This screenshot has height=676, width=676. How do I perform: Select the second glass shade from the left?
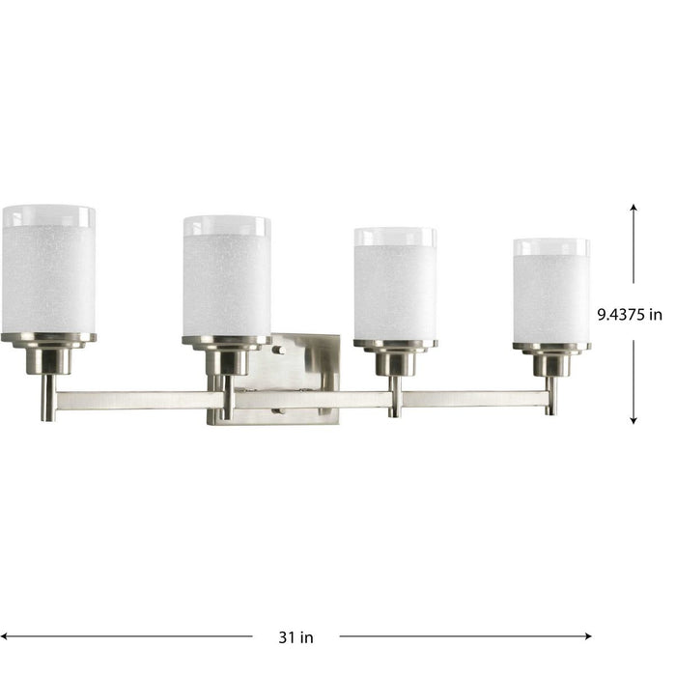(x=226, y=280)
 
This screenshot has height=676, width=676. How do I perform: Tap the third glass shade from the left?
(x=394, y=287)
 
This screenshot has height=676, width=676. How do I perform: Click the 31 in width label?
(x=296, y=636)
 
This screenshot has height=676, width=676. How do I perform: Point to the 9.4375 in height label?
(x=629, y=314)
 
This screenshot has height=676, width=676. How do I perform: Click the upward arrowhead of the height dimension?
(x=634, y=208)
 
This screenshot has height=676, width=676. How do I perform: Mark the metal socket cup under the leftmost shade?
(x=48, y=359)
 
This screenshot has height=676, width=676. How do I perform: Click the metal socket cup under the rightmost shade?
(x=551, y=363)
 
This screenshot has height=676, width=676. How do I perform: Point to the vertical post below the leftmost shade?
(x=47, y=398)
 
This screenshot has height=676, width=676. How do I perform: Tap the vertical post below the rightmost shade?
(x=550, y=396)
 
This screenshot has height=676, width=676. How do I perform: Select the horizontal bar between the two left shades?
(x=135, y=399)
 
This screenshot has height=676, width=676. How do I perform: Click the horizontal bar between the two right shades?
(x=473, y=397)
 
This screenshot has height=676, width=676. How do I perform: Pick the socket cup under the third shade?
(x=394, y=360)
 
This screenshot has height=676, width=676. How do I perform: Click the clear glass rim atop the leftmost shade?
(x=48, y=214)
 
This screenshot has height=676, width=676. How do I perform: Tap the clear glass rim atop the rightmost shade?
(x=551, y=247)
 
